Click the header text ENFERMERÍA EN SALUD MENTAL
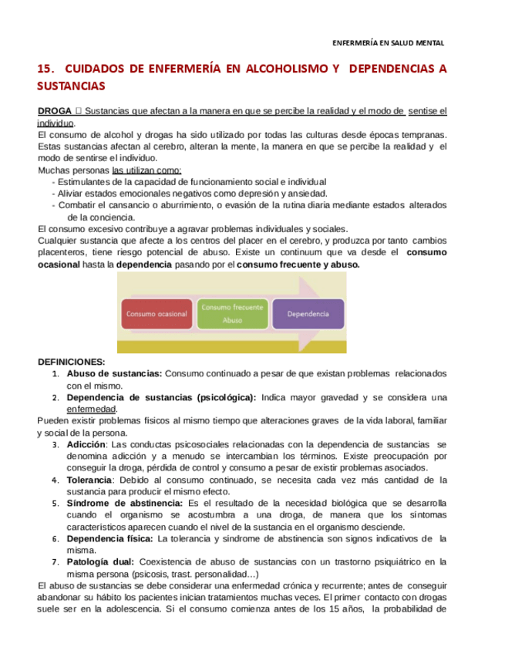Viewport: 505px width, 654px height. click(388, 43)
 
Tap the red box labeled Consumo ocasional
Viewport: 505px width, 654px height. click(157, 315)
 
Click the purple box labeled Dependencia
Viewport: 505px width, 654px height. click(308, 315)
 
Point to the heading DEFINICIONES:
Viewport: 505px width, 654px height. click(72, 362)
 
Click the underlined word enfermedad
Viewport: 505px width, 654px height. click(92, 409)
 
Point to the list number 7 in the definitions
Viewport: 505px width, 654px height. click(55, 561)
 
